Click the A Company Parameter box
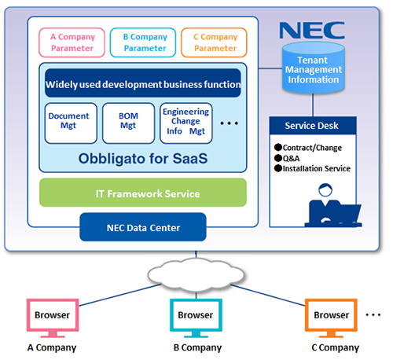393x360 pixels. (72, 42)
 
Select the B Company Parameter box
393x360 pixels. (143, 42)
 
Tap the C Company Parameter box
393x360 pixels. (214, 42)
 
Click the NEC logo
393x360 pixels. (312, 31)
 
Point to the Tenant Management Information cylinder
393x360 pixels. (313, 68)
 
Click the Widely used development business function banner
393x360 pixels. (143, 83)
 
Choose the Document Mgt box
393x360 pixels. (71, 123)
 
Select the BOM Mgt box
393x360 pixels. (128, 123)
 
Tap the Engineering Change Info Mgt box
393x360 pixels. (186, 123)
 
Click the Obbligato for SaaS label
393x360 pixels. (143, 159)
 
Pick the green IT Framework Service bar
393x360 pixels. (143, 193)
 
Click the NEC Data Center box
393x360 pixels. (143, 227)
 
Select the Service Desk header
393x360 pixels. (313, 126)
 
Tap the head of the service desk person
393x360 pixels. (325, 189)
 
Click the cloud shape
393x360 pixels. (196, 274)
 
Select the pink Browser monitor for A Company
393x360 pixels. (53, 318)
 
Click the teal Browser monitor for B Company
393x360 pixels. (196, 318)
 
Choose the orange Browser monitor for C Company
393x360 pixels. (331, 318)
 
